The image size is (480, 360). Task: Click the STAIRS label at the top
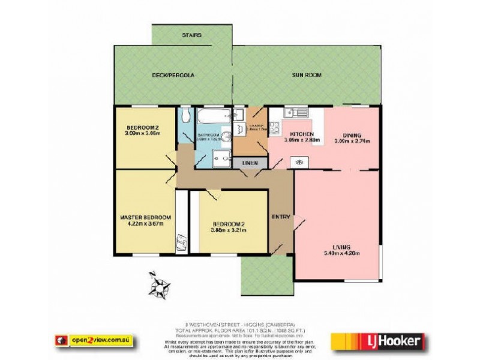(191, 35)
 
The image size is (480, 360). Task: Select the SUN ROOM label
(307, 76)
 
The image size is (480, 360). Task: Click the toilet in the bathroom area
(185, 116)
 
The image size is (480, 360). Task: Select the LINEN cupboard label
(250, 163)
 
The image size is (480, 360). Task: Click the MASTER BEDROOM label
(145, 217)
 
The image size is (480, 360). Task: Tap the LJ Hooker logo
(379, 341)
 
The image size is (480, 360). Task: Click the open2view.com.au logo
(94, 340)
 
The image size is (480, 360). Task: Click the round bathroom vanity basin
(226, 137)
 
